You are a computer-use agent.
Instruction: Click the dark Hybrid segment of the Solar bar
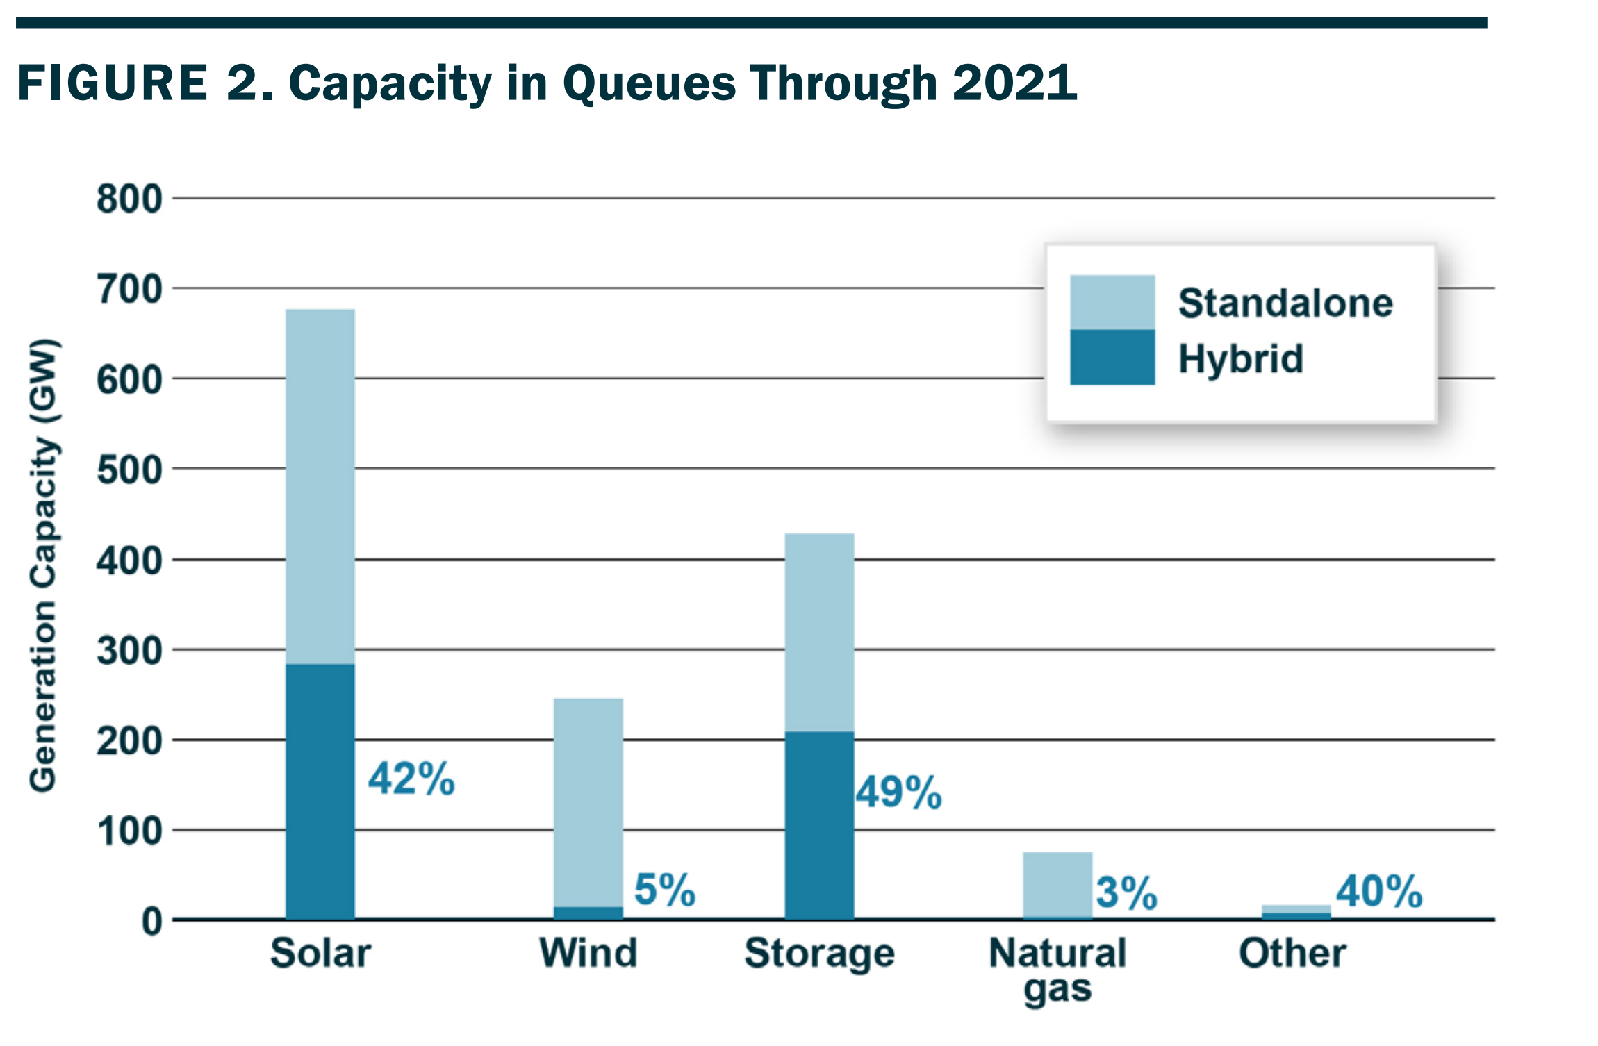click(320, 792)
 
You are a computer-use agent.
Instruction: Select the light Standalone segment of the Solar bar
click(320, 487)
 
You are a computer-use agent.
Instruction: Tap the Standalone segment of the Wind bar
click(588, 803)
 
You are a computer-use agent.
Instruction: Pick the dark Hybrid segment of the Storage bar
click(820, 826)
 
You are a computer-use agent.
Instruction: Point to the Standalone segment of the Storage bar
click(820, 633)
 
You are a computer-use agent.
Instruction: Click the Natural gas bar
click(1057, 886)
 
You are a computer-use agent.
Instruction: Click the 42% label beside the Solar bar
click(411, 779)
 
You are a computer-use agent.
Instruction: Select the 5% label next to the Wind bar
click(665, 890)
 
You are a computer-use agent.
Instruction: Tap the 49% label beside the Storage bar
click(899, 792)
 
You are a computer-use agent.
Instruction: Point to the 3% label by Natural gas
click(1127, 893)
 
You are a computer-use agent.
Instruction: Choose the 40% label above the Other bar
click(1379, 891)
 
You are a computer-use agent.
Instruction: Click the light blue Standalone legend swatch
click(1112, 302)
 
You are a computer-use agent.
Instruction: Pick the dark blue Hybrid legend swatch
click(1112, 357)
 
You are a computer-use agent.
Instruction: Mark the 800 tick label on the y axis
click(129, 199)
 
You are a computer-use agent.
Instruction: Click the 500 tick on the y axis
click(129, 470)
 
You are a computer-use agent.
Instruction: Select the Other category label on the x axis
click(1293, 953)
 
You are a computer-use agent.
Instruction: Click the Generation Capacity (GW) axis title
click(44, 565)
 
